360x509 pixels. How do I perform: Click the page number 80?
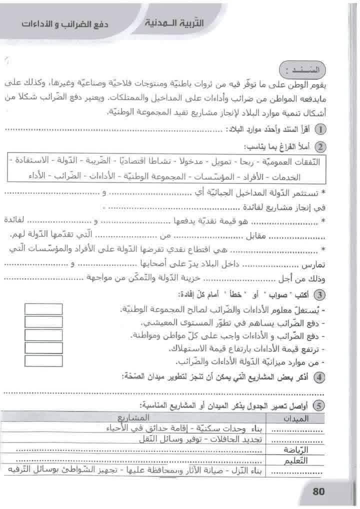[x=318, y=491]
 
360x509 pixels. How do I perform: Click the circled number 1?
[x=322, y=129]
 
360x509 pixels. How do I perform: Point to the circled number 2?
[x=322, y=147]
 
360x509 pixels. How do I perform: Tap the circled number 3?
[x=322, y=293]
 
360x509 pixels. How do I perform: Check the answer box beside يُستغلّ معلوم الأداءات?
[x=43, y=309]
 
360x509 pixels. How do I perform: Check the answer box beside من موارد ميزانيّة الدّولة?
[x=43, y=360]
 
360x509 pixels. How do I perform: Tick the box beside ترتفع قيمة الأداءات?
[x=43, y=347]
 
